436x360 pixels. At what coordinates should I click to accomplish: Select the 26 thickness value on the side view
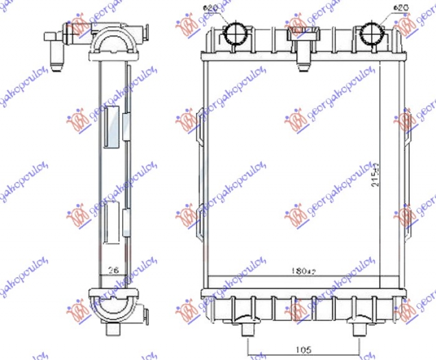(113, 269)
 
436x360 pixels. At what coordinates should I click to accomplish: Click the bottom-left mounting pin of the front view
(248, 329)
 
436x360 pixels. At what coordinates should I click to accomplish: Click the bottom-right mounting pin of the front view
(359, 329)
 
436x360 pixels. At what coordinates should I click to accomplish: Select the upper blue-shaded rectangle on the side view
(112, 127)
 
